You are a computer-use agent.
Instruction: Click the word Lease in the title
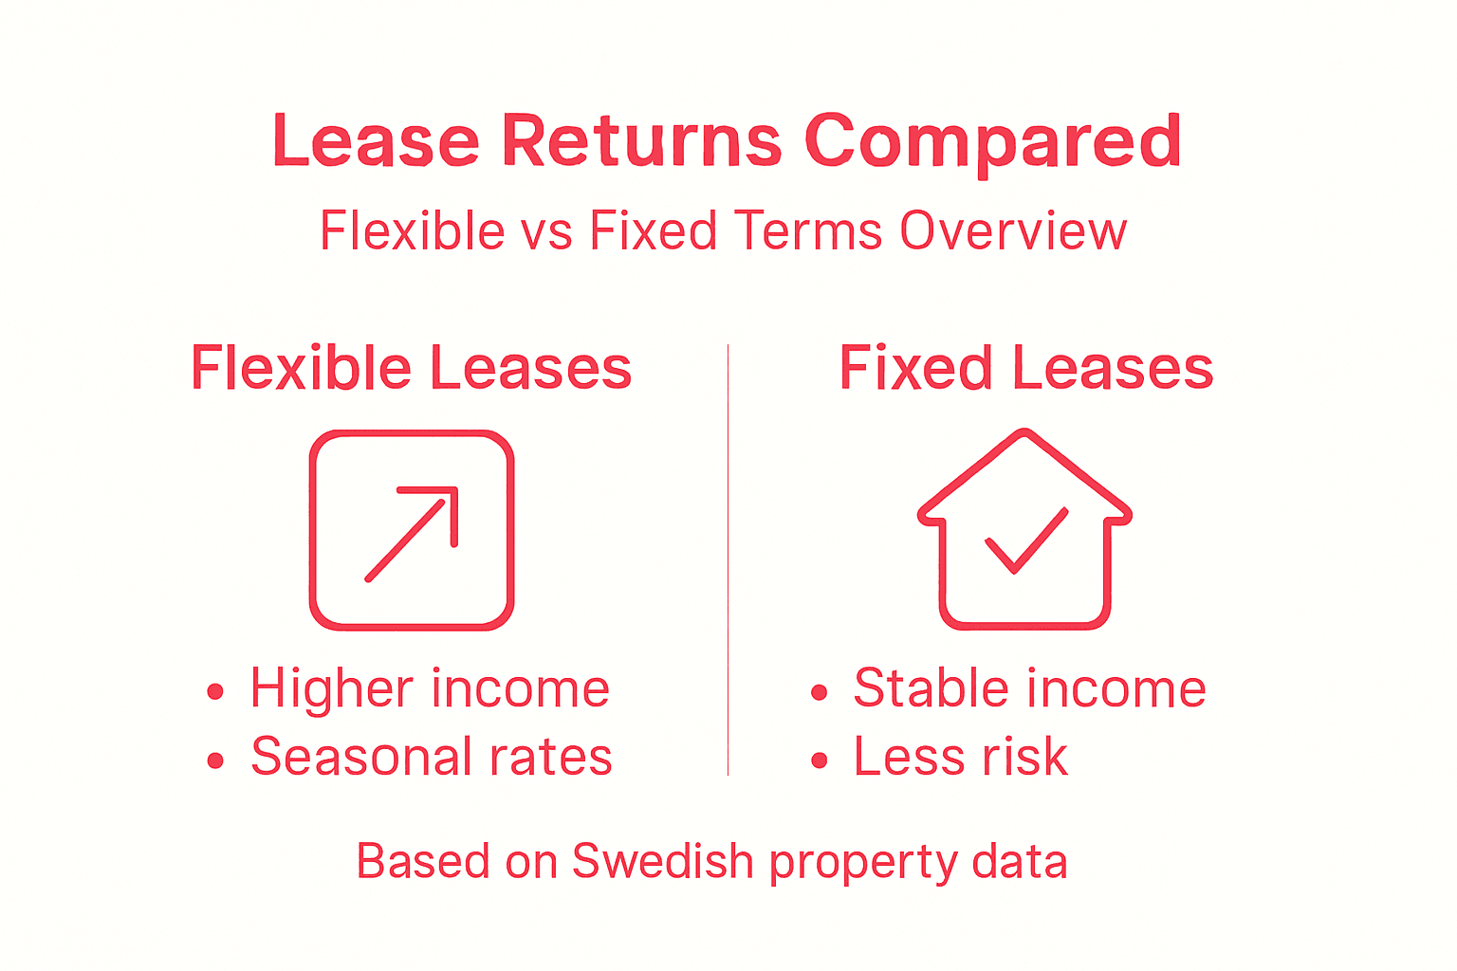376,141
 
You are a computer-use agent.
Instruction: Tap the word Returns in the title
641,141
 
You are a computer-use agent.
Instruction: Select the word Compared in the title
993,141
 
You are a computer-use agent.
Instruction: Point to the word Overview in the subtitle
1013,231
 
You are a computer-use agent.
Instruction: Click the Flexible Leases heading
411,368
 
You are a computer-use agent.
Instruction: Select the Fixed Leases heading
1026,368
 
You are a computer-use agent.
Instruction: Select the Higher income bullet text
430,688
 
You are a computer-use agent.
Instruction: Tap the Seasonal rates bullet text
432,757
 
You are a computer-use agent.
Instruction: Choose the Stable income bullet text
1029,688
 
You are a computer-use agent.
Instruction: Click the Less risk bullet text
961,757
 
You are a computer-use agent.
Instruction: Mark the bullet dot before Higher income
215,692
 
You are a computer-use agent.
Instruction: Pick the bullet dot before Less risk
820,760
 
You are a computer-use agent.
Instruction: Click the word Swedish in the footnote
662,862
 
